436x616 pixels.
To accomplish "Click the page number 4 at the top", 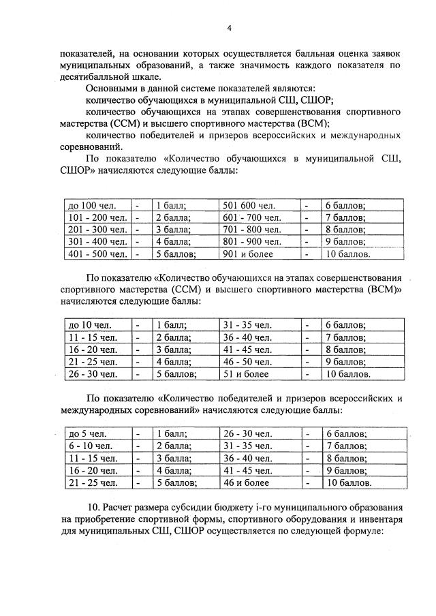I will coord(230,28).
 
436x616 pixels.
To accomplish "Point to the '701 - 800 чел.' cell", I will coord(252,230).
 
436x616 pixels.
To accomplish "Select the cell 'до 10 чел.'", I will coord(89,325).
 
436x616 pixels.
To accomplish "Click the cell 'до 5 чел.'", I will coord(87,433).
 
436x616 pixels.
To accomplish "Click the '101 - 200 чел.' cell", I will coord(97,217).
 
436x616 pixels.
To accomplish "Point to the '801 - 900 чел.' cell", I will coord(252,242).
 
